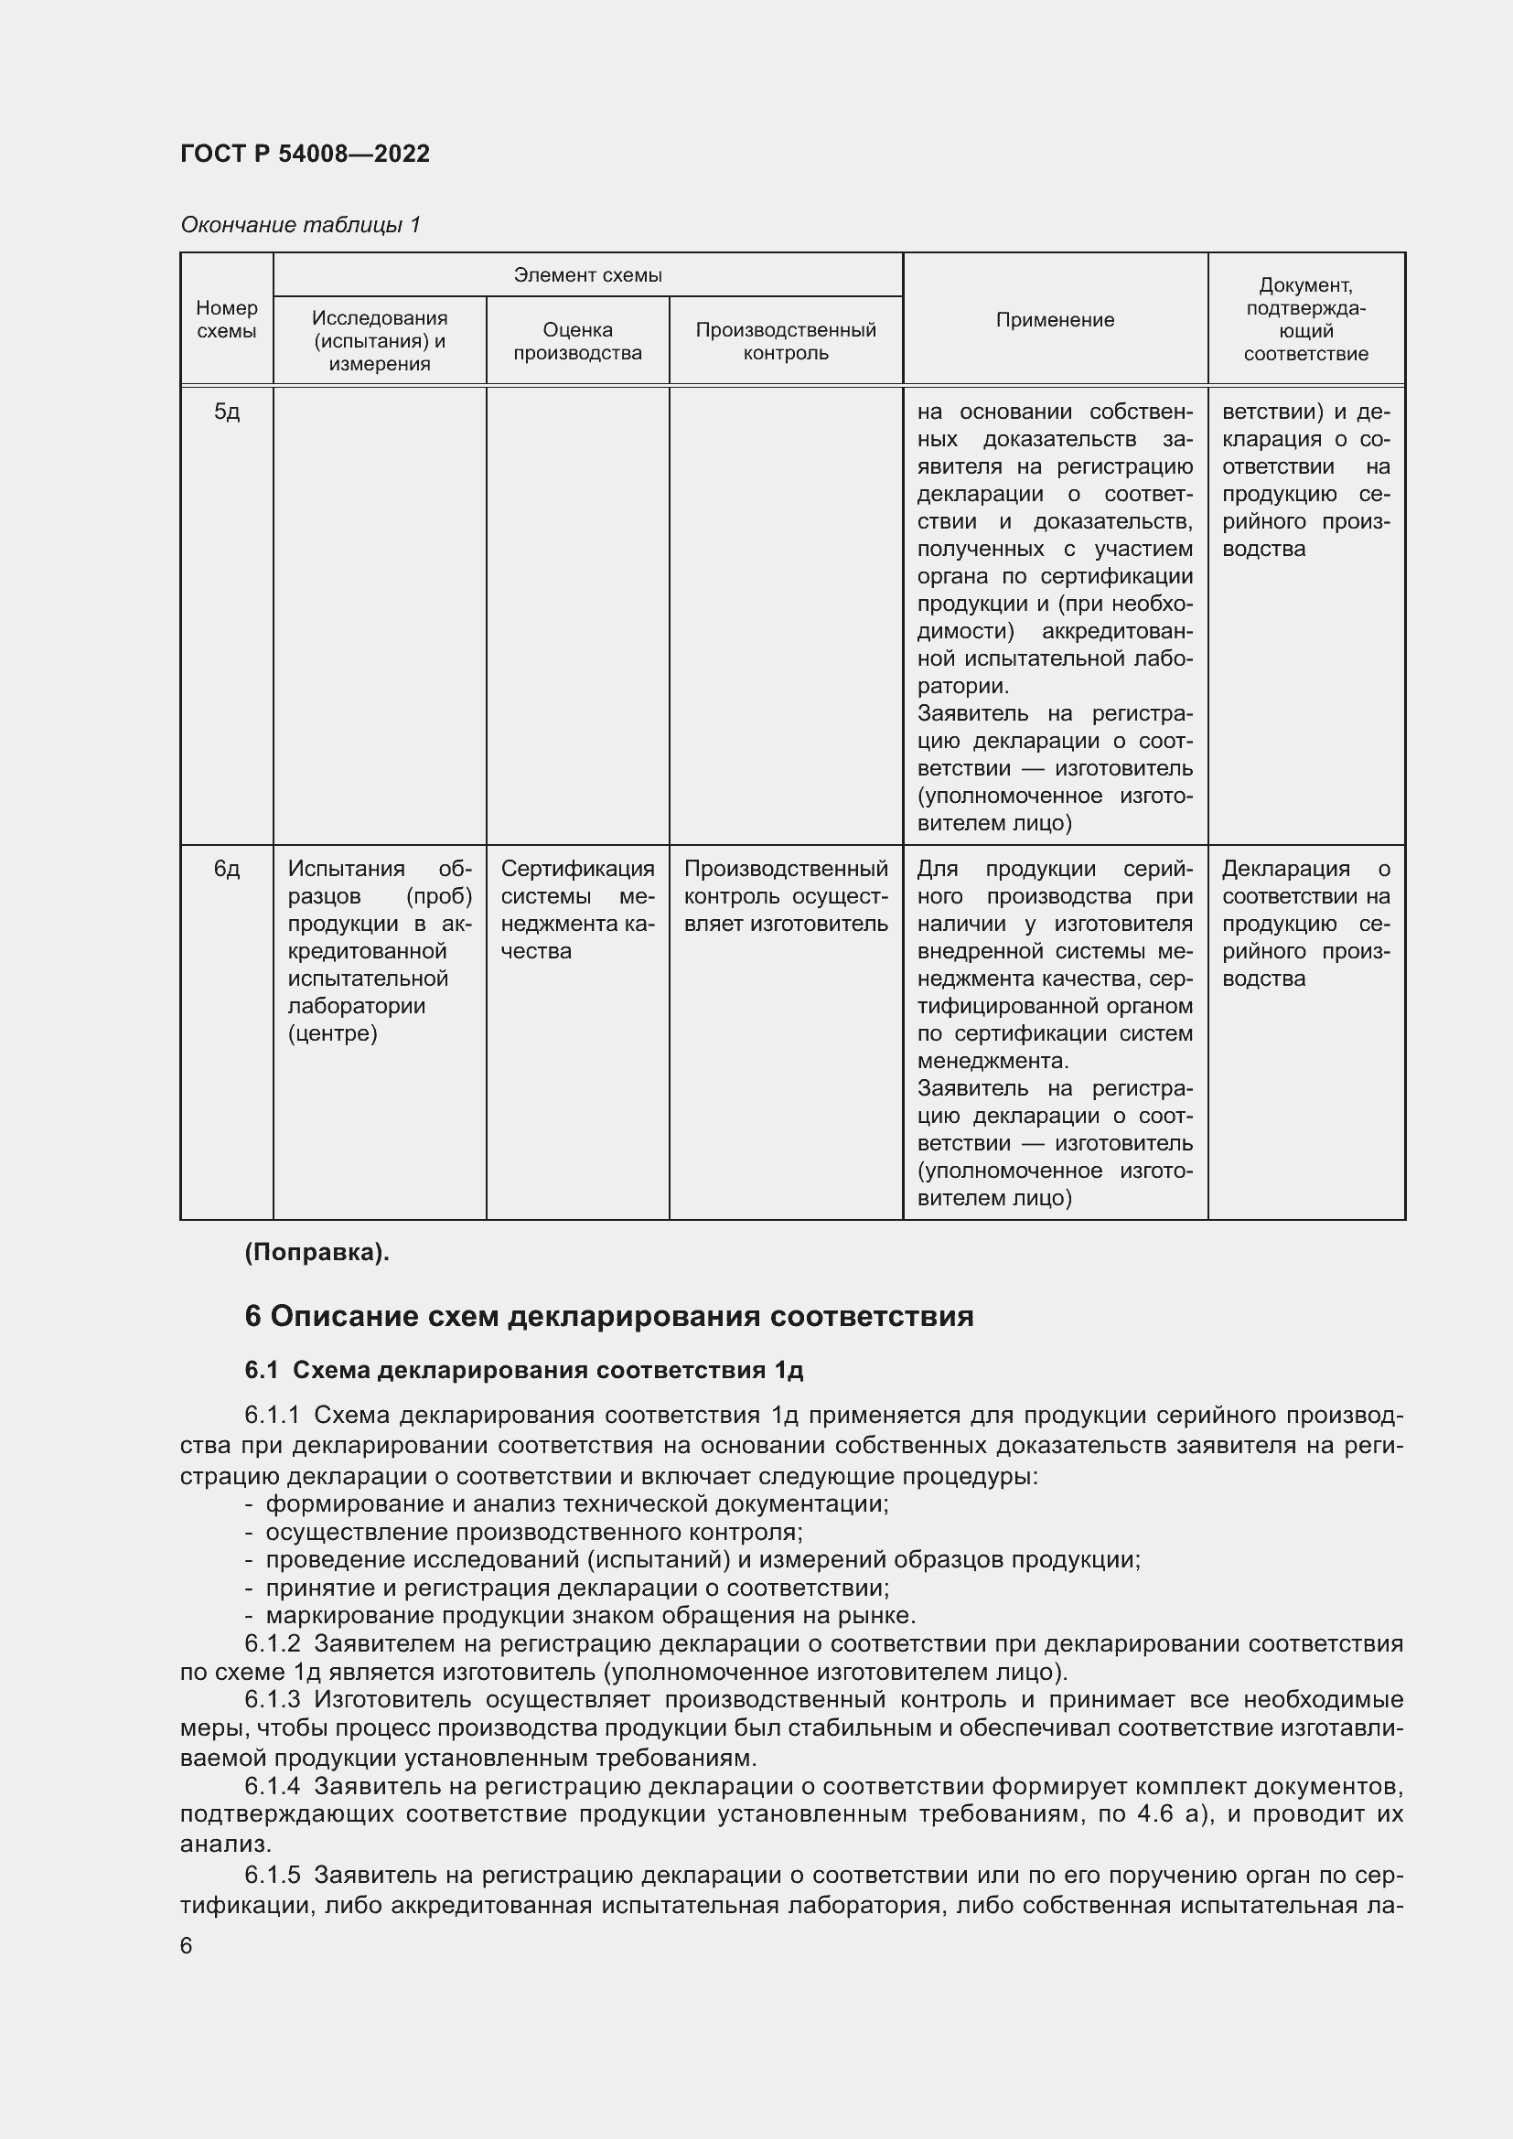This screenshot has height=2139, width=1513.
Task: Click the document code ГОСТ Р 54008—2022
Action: (305, 154)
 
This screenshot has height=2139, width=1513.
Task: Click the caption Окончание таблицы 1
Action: (300, 225)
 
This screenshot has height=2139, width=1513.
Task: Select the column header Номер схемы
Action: (226, 318)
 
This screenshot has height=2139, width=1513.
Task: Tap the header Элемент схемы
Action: (587, 275)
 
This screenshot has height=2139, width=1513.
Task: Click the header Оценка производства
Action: (576, 341)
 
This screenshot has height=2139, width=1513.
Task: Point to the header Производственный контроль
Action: (786, 341)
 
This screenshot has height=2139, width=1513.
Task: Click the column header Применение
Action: (1055, 319)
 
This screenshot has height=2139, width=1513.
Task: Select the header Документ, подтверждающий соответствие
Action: (1305, 318)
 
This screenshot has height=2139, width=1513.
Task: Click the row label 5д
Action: (226, 412)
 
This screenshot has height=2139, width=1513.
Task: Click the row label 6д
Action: (226, 869)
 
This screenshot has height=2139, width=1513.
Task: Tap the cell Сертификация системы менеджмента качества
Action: (576, 909)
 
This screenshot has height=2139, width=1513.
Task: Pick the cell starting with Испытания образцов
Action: (380, 950)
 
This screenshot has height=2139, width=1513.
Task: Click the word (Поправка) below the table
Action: (317, 1253)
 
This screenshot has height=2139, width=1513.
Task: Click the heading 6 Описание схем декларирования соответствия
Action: (608, 1316)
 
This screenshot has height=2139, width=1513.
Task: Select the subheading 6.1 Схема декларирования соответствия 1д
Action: (523, 1371)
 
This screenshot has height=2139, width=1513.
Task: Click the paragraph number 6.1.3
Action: (272, 1700)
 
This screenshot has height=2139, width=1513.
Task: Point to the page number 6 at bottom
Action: (187, 1946)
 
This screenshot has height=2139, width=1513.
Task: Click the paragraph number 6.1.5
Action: (272, 1875)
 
